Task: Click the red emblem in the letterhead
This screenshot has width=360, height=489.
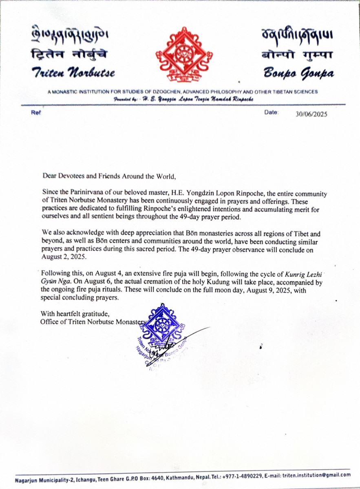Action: (184, 55)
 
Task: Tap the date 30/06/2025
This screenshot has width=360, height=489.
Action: (312, 114)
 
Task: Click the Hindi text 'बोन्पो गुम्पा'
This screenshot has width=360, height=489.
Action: (298, 56)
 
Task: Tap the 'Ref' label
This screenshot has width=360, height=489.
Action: (36, 112)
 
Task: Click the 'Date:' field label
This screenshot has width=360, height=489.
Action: (271, 112)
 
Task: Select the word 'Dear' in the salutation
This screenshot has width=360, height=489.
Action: (49, 176)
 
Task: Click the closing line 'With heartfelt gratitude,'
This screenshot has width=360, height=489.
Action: (75, 313)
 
